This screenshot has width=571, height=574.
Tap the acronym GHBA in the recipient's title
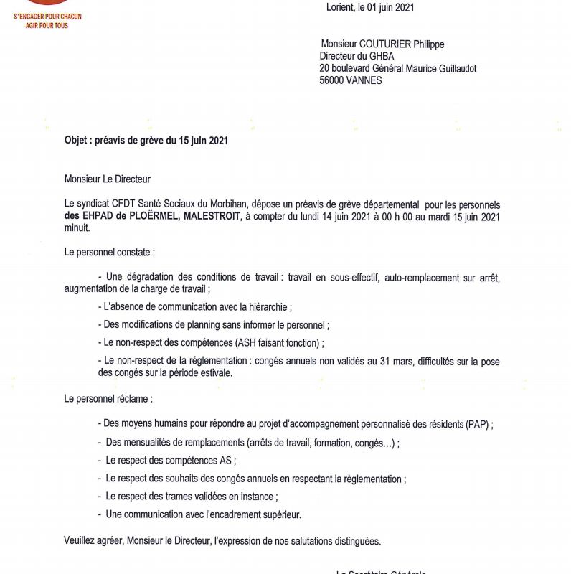382,57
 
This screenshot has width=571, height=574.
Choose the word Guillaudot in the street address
453,69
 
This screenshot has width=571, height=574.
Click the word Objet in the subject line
77,141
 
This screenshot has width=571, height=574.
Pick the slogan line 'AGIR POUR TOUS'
47,26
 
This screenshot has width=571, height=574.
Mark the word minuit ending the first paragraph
77,228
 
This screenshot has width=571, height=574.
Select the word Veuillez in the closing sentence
80,540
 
